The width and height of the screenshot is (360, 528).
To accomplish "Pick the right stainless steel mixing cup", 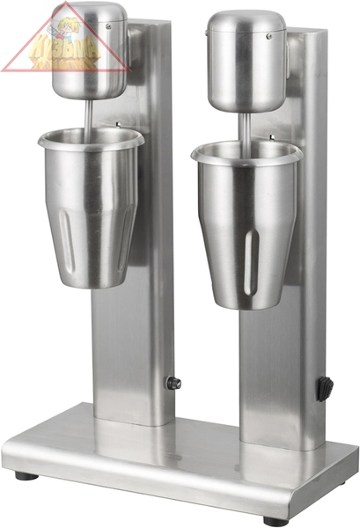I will (246, 224).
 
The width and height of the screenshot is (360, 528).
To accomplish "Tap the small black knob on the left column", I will (173, 383).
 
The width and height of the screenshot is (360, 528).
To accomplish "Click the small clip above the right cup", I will (271, 139).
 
